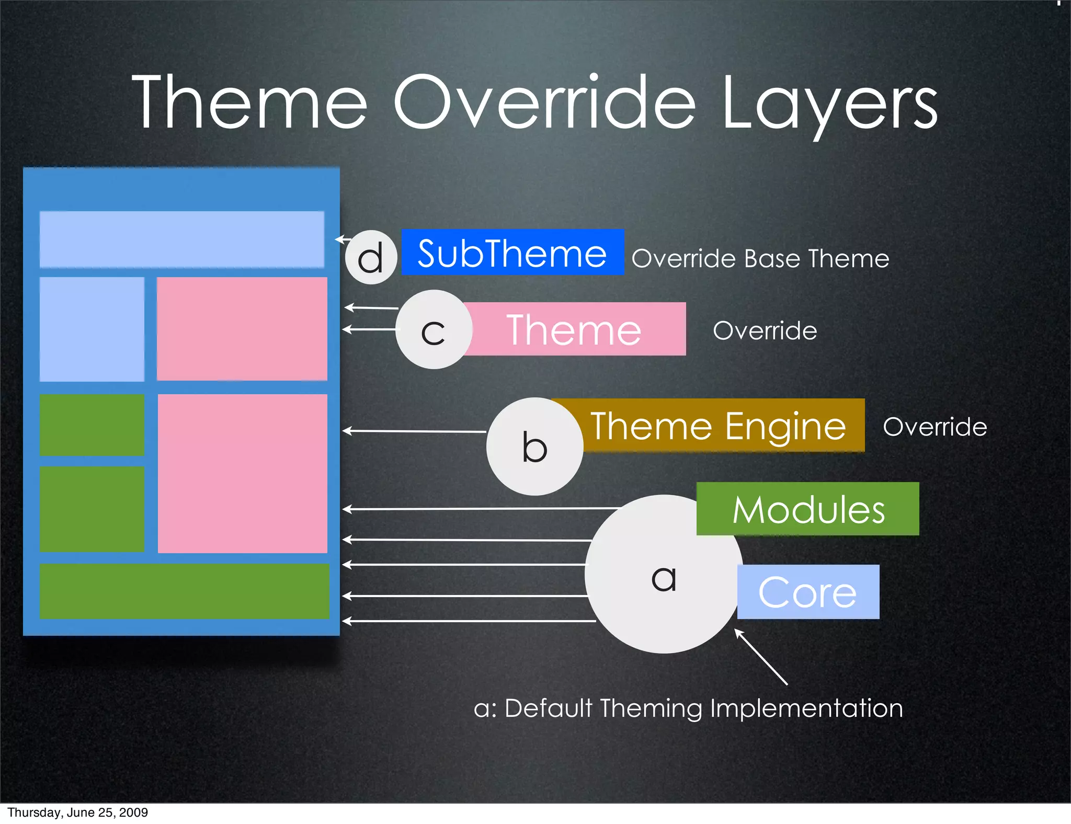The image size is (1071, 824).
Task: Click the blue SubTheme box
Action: [x=512, y=253]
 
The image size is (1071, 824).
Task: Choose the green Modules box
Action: [x=808, y=509]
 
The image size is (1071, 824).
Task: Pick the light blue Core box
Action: [x=808, y=592]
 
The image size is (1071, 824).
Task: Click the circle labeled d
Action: [x=371, y=257]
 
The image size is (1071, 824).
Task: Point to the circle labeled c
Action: [x=434, y=330]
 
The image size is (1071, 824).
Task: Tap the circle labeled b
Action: [x=534, y=447]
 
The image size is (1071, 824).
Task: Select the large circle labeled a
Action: [x=663, y=575]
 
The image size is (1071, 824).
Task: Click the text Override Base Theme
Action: [x=760, y=258]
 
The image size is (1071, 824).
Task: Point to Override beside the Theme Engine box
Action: [x=935, y=427]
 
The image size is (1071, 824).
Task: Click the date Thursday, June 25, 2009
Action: [x=77, y=812]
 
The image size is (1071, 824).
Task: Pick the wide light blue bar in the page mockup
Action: [x=181, y=239]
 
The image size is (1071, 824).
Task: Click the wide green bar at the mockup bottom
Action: [x=184, y=591]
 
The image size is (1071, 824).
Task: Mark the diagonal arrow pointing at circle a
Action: [x=761, y=657]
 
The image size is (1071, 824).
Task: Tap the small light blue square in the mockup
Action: [x=92, y=329]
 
